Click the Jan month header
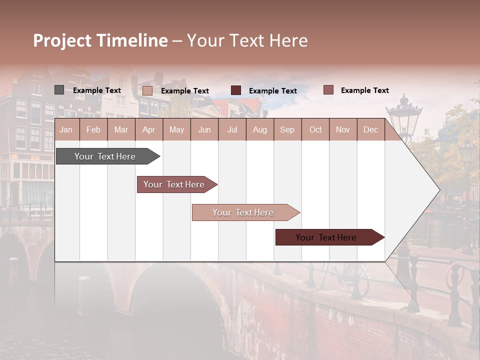[x=66, y=129]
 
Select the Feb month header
[x=93, y=129]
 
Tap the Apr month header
[x=148, y=129]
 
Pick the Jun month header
[x=204, y=129]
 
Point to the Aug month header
[x=259, y=129]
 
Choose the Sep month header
[x=287, y=129]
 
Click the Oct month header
[x=315, y=129]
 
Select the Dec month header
[x=370, y=129]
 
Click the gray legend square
[x=59, y=90]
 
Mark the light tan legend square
[x=147, y=90]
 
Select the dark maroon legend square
[x=236, y=90]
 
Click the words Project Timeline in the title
[x=100, y=40]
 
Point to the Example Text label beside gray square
[x=97, y=90]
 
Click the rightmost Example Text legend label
[x=365, y=90]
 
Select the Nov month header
[x=343, y=129]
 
